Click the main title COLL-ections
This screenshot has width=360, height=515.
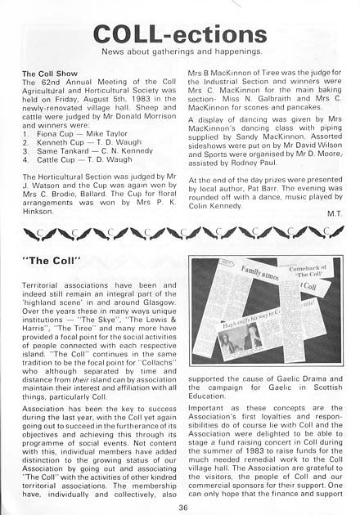pyautogui.click(x=179, y=34)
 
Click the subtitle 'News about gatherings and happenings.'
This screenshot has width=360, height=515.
pyautogui.click(x=179, y=52)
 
